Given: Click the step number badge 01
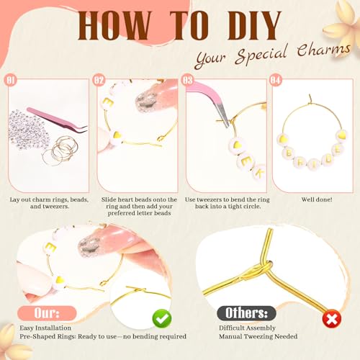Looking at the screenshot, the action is (10, 80).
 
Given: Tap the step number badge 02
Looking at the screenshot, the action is (99, 80).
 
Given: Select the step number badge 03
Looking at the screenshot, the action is (187, 80).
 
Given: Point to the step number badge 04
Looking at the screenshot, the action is (276, 80).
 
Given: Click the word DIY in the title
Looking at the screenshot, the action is (254, 25).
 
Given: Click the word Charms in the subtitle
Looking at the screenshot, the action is (323, 50).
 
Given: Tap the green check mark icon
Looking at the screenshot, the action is (162, 318).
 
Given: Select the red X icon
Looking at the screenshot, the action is (332, 319).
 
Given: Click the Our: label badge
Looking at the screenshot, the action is (47, 313).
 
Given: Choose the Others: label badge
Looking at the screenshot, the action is (246, 313).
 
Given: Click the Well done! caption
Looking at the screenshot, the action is (317, 199).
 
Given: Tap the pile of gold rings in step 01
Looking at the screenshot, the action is (60, 151).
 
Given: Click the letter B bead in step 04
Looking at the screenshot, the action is (289, 153).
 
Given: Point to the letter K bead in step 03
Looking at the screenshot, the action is (258, 172).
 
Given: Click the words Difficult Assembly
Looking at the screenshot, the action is (247, 328).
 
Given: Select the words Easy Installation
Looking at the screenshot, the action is (45, 328).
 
